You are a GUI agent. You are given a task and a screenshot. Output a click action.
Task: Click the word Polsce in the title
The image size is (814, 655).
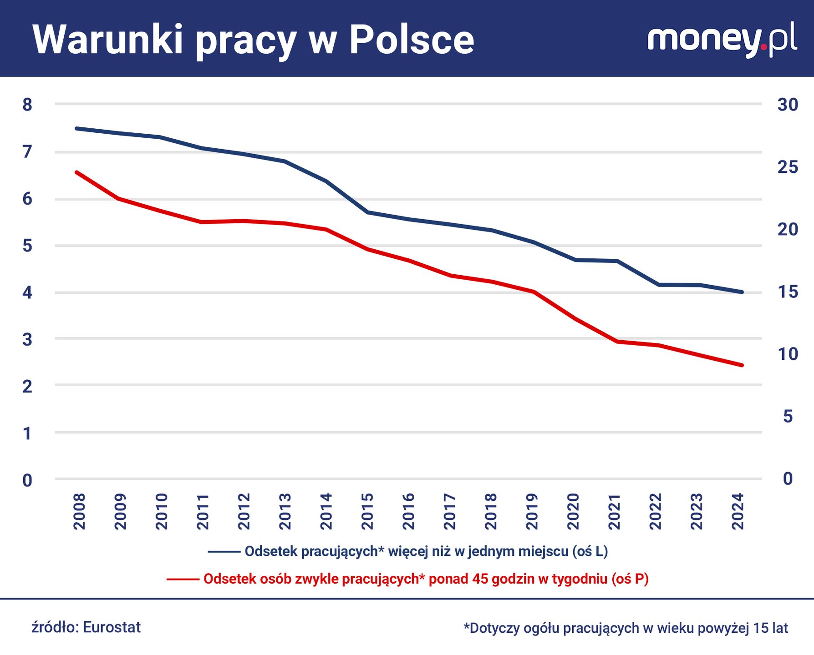click(x=412, y=40)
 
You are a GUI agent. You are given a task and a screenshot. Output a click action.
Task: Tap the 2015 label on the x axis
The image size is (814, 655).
click(x=367, y=511)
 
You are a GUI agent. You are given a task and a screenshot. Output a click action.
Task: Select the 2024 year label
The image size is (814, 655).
click(x=738, y=511)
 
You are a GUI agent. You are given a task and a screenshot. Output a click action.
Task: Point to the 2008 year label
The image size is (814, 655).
click(x=80, y=511)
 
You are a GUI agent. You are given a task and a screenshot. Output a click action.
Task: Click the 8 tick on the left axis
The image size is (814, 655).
click(x=27, y=105)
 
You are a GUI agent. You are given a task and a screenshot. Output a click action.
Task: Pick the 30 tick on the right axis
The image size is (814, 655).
click(x=788, y=105)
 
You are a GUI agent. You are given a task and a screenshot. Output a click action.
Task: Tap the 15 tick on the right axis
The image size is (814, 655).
click(x=788, y=292)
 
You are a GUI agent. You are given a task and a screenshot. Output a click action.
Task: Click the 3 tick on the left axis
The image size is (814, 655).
click(x=27, y=339)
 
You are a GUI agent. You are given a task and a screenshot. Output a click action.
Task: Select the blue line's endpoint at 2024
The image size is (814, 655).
click(x=742, y=292)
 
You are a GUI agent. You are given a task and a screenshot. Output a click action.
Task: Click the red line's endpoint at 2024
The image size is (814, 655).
click(x=742, y=365)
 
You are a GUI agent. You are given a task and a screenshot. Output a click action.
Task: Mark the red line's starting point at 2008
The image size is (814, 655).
click(x=76, y=172)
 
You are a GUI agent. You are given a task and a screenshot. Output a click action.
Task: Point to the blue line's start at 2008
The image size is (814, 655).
click(x=76, y=128)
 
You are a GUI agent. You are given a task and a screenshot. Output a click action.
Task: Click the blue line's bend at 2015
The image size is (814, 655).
click(x=367, y=212)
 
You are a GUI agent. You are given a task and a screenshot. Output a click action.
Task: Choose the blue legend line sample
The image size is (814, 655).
click(x=224, y=552)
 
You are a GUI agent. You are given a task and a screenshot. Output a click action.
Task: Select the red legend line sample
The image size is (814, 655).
click(x=183, y=579)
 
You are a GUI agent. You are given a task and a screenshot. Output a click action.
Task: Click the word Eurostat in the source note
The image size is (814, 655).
click(x=112, y=627)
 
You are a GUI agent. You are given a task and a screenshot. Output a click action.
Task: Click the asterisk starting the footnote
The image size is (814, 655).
click(x=466, y=627)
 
